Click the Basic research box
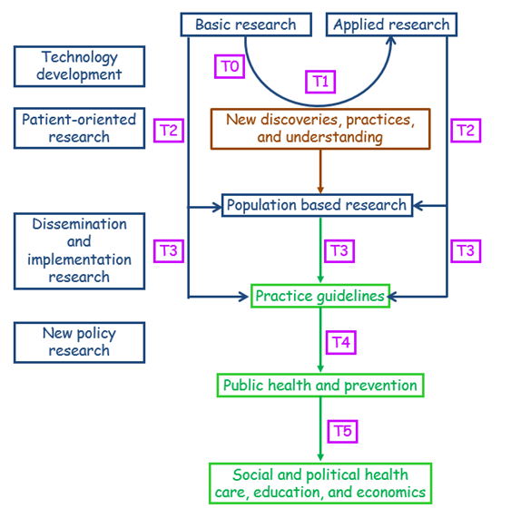point(246,24)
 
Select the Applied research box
point(391,24)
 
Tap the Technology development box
point(79,66)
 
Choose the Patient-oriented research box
point(79,128)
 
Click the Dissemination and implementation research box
point(79,251)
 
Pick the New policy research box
point(79,343)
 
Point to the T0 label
point(230,66)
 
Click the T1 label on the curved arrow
point(320,82)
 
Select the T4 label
point(340,342)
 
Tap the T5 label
point(342,432)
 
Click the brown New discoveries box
point(320,129)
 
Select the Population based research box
point(317,205)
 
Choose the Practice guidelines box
point(320,296)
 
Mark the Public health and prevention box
point(320,386)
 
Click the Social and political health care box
point(320,484)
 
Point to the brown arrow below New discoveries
point(320,171)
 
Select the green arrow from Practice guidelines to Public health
point(320,340)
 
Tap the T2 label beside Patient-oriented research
point(169,131)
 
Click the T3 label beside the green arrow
point(339,251)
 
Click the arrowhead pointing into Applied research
point(391,40)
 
